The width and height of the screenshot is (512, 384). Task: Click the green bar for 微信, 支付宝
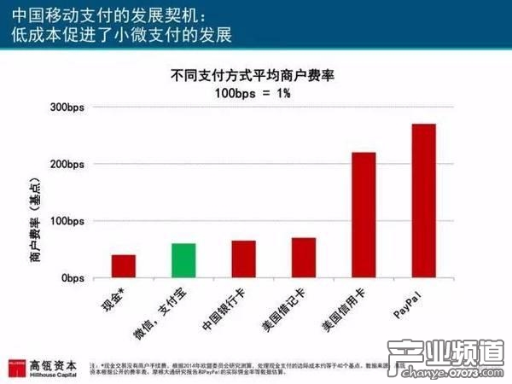183,260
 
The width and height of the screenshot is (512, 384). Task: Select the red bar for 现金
123,266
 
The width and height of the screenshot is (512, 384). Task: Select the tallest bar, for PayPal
423,201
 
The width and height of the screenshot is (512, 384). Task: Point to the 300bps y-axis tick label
67,108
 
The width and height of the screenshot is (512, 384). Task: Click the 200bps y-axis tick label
67,164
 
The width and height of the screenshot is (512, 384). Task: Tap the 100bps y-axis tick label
67,221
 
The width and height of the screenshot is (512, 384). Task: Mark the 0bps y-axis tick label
73,278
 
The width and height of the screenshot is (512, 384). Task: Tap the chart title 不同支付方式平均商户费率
251,75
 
